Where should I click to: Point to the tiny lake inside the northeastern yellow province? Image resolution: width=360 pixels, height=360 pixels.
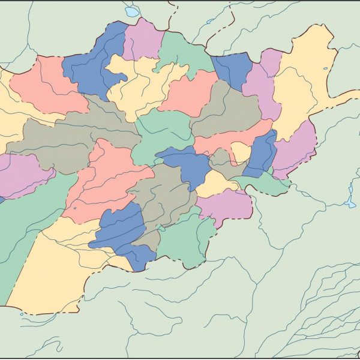click(x=325, y=68)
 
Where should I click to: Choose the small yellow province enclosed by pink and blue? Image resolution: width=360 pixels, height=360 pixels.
click(x=240, y=152)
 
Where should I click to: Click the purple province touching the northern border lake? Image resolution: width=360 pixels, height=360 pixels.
click(x=143, y=41)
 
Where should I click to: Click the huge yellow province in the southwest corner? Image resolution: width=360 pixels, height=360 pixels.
click(x=54, y=270)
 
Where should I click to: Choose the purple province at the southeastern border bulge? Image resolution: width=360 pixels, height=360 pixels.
click(x=225, y=206)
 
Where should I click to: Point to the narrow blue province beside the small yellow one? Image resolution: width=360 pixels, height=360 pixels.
click(x=262, y=153)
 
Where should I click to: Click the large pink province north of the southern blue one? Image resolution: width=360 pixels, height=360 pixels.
click(x=105, y=180)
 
